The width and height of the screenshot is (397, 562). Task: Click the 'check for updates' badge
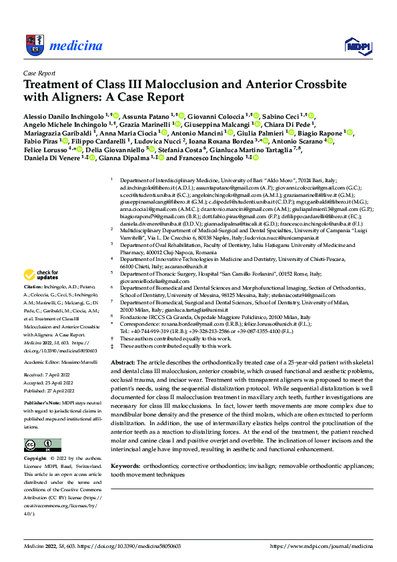[41, 275]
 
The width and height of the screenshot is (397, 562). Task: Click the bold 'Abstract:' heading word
[122, 361]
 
